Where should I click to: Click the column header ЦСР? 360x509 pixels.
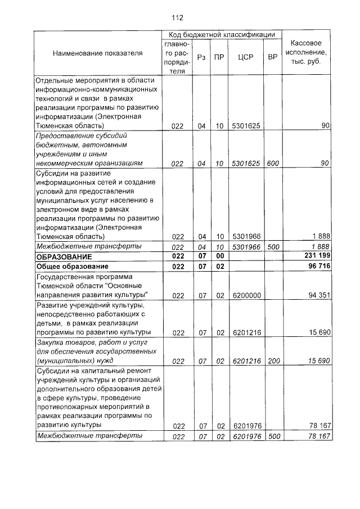(x=245, y=57)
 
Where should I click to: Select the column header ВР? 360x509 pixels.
(x=273, y=57)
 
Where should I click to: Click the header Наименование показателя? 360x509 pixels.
(x=98, y=53)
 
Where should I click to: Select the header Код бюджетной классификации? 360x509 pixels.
(x=221, y=34)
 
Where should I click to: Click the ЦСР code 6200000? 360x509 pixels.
(x=246, y=295)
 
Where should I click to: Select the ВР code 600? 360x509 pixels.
(x=273, y=163)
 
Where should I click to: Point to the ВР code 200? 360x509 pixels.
(x=273, y=361)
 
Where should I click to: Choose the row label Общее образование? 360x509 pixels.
(x=71, y=266)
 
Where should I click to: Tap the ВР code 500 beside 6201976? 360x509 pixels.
(x=273, y=435)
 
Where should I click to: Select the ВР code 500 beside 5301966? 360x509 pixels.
(x=273, y=246)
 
